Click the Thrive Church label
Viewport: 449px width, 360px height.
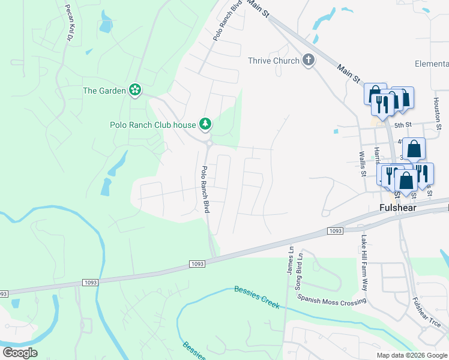tap(274, 61)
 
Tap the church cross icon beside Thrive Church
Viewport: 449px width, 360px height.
tap(309, 60)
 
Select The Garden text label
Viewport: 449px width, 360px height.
tap(104, 91)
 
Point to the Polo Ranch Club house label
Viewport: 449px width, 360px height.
tap(153, 125)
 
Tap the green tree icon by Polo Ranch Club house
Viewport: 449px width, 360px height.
tap(206, 124)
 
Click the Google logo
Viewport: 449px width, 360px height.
tap(20, 352)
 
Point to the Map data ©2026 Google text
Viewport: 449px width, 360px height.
tap(412, 355)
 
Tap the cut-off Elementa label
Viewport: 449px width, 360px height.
tap(432, 64)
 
